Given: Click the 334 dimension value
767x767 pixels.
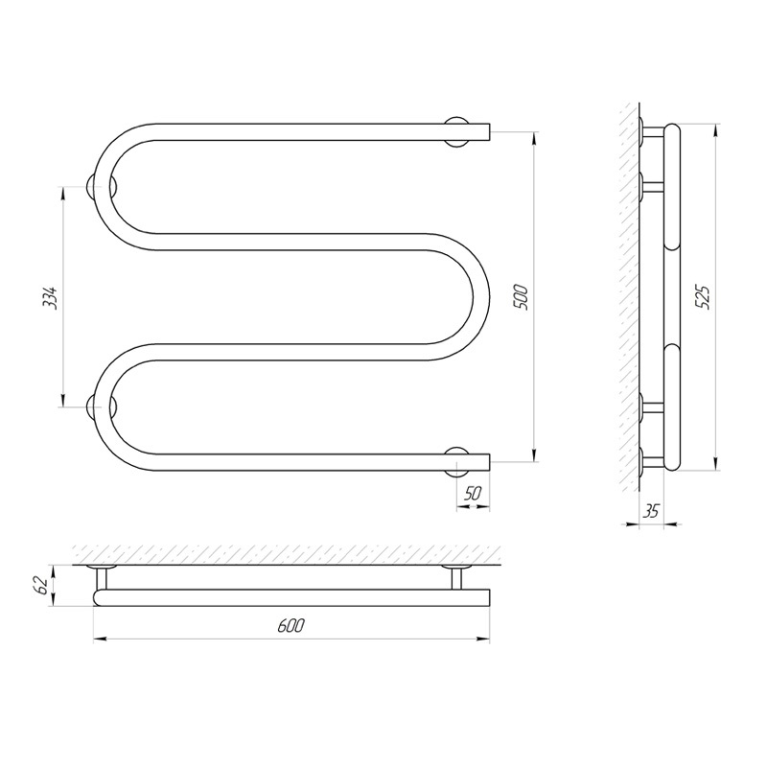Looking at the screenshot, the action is (51, 296).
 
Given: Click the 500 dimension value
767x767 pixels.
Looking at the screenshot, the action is (520, 296).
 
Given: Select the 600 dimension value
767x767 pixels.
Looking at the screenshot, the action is (291, 625).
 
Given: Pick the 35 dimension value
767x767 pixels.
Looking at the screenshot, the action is (651, 511).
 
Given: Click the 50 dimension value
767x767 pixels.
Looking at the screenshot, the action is (473, 494).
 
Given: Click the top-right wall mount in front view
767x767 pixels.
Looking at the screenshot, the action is (457, 132).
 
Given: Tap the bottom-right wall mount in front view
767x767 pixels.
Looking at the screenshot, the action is (457, 461).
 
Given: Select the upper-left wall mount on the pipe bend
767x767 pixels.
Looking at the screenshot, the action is (102, 187).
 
